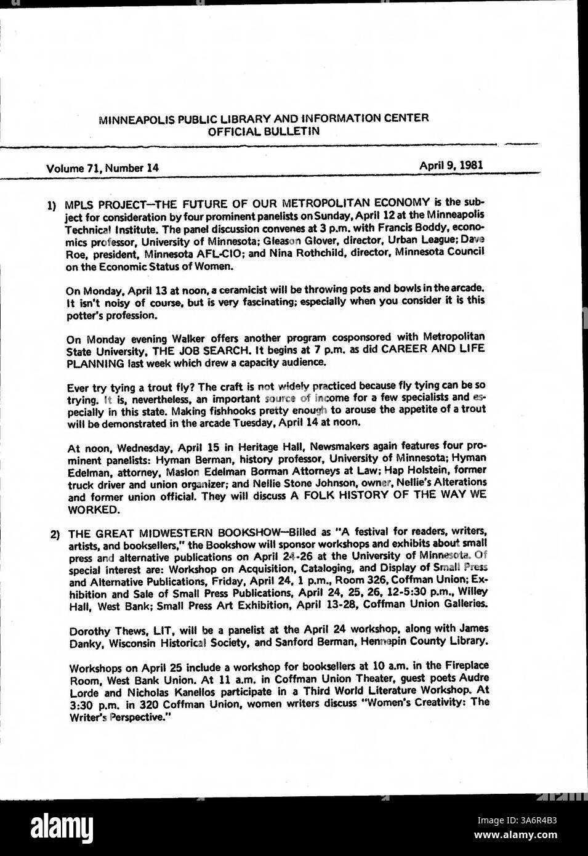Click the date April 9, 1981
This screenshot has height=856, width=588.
pyautogui.click(x=451, y=165)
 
